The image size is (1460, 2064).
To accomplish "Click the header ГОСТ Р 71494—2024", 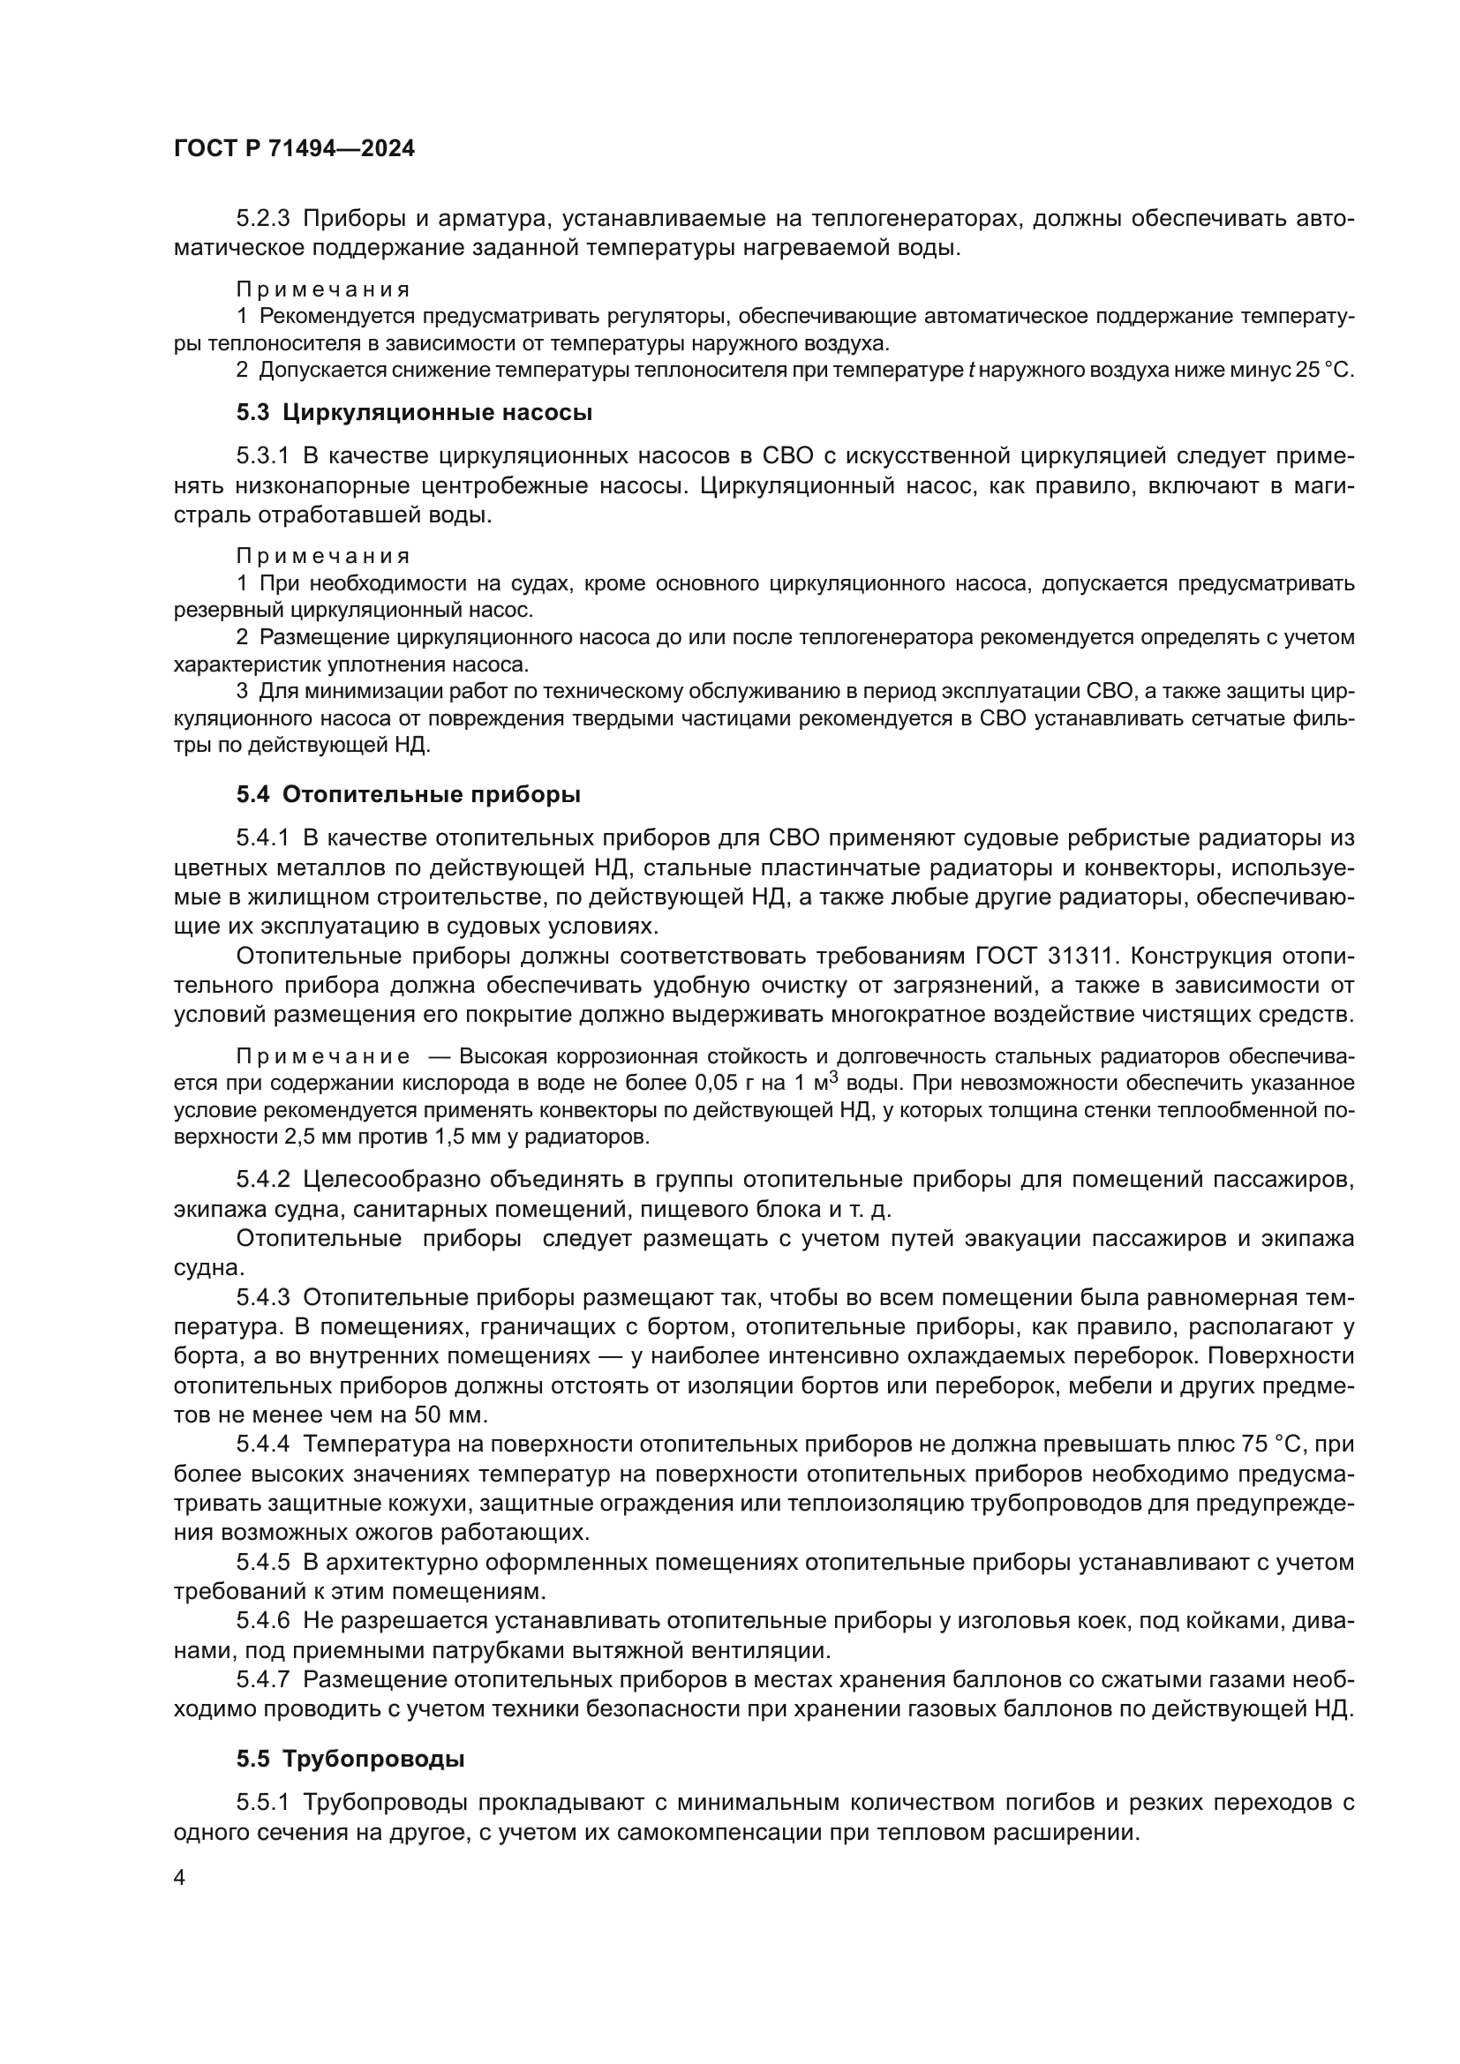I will [x=294, y=149].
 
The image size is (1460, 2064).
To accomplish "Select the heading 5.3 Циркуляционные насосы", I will [x=415, y=413].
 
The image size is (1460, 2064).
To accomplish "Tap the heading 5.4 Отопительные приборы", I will [x=408, y=795].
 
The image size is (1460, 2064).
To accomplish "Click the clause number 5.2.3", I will [x=263, y=219].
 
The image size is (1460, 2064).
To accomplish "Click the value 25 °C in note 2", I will [x=1323, y=371].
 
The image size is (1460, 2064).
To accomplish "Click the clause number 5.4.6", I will [x=263, y=1621].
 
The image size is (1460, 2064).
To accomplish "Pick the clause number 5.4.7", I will [x=263, y=1680].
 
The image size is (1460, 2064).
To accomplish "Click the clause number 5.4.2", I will [x=263, y=1179].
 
